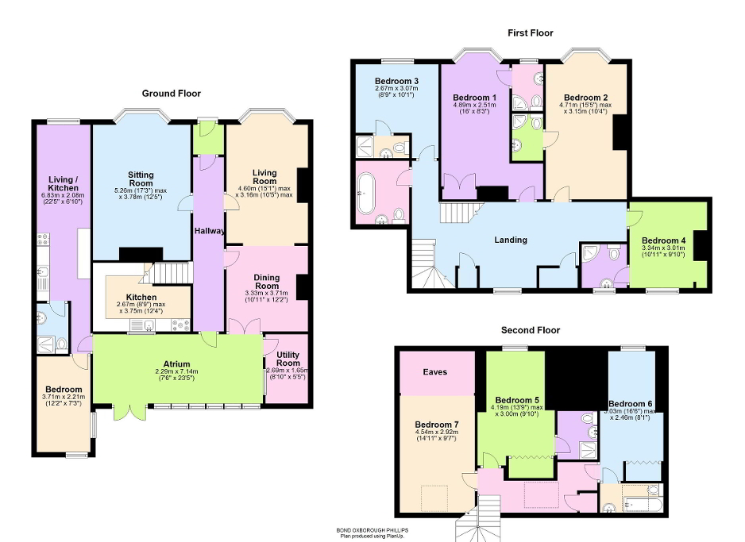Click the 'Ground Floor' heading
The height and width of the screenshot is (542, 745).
pos(171,94)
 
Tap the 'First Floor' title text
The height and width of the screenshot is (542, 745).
pos(530,33)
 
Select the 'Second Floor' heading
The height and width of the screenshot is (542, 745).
pos(530,330)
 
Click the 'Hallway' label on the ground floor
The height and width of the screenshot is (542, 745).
pos(210,231)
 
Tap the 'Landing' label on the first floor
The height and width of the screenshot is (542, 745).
pos(510,240)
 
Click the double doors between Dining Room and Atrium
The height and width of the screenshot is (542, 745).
pos(243,326)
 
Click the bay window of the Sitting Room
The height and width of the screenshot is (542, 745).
pos(141,116)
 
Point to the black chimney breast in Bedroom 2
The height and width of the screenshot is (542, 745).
pos(620,132)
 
